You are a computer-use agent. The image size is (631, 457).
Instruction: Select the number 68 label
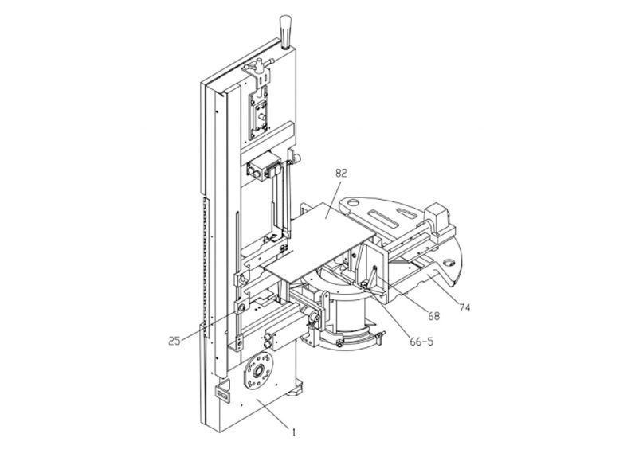pyautogui.click(x=433, y=315)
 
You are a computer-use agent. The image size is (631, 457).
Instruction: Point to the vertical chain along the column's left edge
pyautogui.click(x=205, y=263)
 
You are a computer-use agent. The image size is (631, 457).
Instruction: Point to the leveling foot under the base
pyautogui.click(x=297, y=392)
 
